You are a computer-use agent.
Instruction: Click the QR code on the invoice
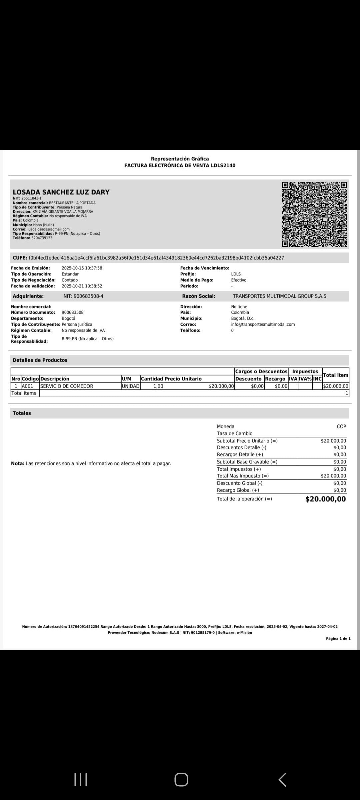click(x=314, y=214)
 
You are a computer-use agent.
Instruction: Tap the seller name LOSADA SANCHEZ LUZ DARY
click(x=61, y=192)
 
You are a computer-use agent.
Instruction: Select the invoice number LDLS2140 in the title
click(x=223, y=165)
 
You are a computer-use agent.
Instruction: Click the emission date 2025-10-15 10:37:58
click(x=82, y=268)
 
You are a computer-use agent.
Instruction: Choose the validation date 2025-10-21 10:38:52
click(x=82, y=286)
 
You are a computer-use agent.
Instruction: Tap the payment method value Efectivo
click(x=239, y=280)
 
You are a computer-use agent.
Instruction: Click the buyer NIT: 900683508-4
click(x=83, y=296)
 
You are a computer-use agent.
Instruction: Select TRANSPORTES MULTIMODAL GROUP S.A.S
click(x=279, y=296)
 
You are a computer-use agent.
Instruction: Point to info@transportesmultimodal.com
click(x=263, y=324)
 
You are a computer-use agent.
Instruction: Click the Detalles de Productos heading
click(x=40, y=360)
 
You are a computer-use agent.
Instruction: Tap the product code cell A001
click(x=27, y=386)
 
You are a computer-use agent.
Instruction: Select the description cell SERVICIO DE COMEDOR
click(x=67, y=386)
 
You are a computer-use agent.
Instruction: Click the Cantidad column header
click(x=152, y=379)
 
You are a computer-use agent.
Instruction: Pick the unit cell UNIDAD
click(x=131, y=386)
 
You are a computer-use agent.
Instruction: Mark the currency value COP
click(x=341, y=426)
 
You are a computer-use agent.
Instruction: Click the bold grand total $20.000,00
click(x=326, y=499)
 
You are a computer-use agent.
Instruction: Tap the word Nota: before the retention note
click(x=18, y=463)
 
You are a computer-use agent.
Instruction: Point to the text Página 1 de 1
click(x=338, y=638)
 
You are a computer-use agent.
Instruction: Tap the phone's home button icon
click(x=181, y=779)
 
